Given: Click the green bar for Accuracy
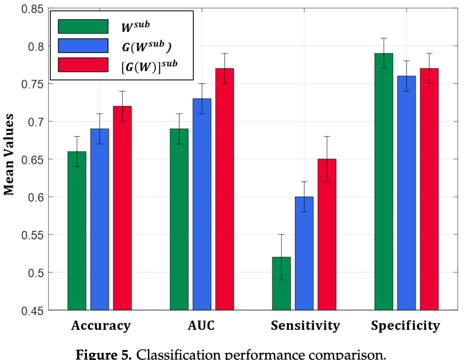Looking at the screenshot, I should pos(77,230).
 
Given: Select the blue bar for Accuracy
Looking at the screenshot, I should pos(99,219).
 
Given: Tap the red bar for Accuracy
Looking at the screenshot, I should pos(122,208).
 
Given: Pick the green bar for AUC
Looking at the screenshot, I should pos(179,219).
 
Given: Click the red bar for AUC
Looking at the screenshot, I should pos(224,189).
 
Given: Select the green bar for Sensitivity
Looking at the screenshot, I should pos(281,283).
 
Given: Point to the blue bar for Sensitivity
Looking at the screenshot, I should pos(304,253).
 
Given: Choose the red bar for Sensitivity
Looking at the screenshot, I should pos(327,234).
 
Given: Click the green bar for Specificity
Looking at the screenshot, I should pos(384,181).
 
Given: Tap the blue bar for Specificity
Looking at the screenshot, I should pos(406,193).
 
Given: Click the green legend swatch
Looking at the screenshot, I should pos(83,26).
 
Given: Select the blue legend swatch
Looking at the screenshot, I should pos(83,45).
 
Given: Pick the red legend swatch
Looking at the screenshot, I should pos(83,64).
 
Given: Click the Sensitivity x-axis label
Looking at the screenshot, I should pos(305,326).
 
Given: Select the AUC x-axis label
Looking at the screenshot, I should pos(201,326).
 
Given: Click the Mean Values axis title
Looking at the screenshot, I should pos(9,154).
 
